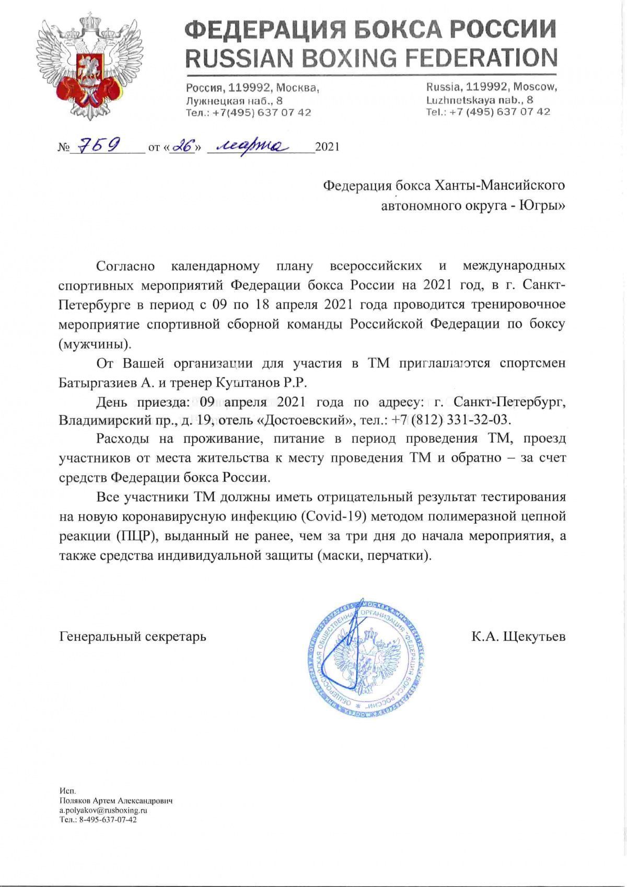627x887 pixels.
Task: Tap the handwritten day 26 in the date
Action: [183, 146]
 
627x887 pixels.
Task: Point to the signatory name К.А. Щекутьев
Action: [518, 636]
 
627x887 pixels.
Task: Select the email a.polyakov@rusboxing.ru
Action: [103, 810]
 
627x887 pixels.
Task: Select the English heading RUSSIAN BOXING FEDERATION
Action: [371, 57]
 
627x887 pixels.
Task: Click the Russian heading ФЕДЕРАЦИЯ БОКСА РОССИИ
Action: [371, 29]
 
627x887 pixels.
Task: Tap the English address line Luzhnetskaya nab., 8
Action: [480, 99]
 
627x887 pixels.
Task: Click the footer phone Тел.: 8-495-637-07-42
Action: [98, 820]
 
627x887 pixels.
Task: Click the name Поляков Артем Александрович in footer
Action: [116, 801]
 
